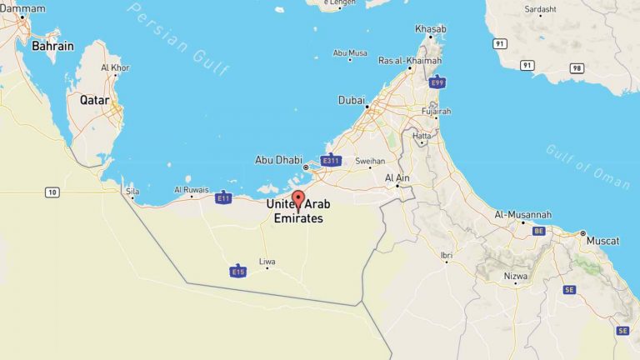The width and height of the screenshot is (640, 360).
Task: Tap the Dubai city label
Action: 351,100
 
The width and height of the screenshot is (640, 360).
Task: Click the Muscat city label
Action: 602,241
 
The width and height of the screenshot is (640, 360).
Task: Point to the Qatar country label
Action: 95,99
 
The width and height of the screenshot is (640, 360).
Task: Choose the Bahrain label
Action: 52,47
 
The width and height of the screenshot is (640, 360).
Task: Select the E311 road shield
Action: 332,160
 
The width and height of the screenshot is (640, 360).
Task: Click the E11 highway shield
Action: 222,197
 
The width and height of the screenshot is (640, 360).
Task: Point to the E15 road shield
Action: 238,271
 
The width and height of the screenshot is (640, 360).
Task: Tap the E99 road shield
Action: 437,82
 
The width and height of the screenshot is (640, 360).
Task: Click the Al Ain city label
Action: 397,177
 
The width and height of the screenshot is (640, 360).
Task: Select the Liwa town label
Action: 267,261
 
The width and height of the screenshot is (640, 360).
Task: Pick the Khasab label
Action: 431,29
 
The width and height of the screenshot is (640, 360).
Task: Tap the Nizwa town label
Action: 516,275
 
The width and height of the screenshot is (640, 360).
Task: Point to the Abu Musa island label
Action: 350,52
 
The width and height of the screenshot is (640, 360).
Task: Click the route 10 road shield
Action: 52,192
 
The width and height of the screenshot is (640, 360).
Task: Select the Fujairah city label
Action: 436,111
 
